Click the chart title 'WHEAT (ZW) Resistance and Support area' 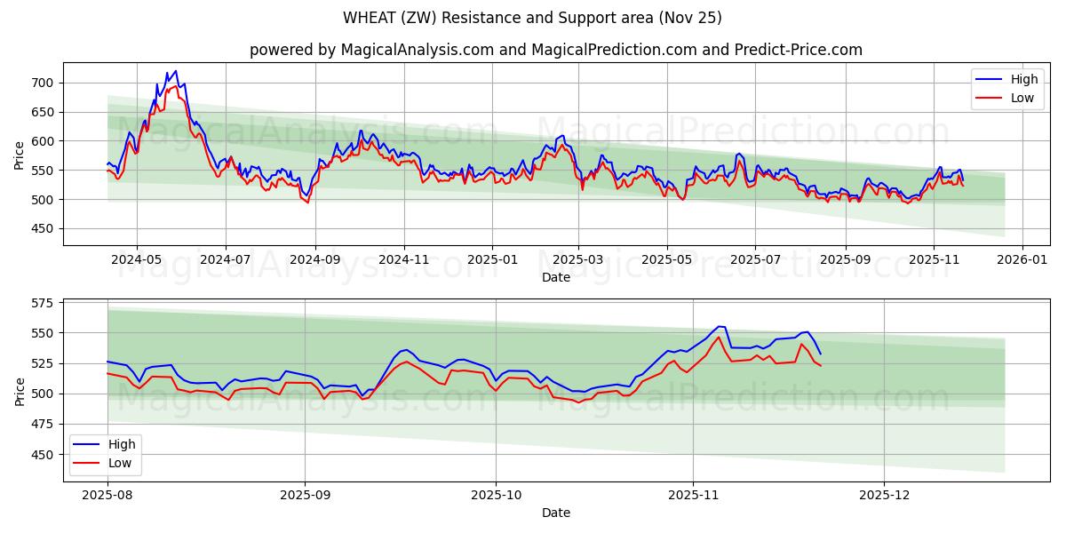(532, 18)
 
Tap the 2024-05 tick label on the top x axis (137, 260)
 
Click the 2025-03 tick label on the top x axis (579, 260)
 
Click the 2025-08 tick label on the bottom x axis (107, 496)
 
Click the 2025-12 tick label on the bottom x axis (884, 496)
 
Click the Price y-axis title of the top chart (20, 154)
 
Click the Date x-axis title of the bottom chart (555, 513)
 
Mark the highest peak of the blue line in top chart (175, 71)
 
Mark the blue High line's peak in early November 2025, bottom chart (720, 326)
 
